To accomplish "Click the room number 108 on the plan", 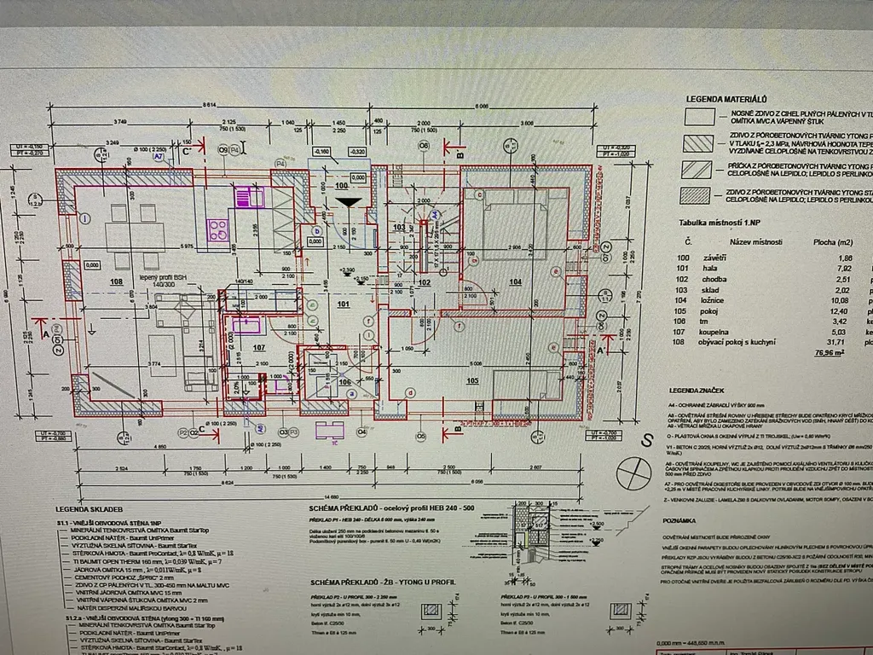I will pos(117,280).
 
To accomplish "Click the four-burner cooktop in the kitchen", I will pos(217,229).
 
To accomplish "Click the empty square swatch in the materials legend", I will pos(700,117).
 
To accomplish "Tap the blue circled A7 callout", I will pos(158,157).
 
